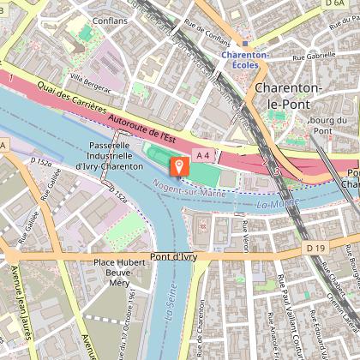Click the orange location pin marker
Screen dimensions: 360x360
tap(179, 165)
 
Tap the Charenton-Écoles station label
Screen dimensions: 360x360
tap(245, 56)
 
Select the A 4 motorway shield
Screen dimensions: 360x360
tap(202, 155)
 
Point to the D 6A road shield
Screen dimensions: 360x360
tap(335, 4)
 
